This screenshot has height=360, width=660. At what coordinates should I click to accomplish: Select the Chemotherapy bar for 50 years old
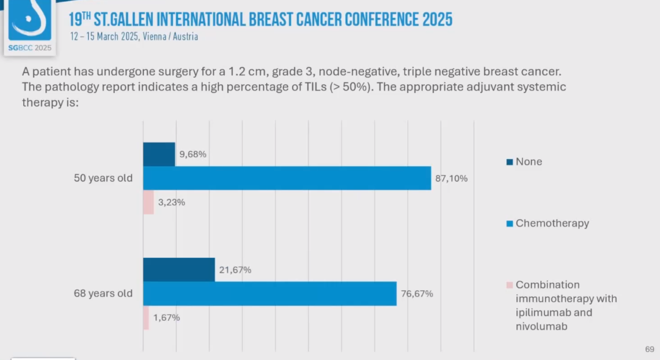click(x=287, y=178)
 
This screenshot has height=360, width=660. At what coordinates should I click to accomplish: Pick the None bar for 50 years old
click(x=159, y=154)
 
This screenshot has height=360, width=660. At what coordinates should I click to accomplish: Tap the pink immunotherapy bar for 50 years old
click(x=148, y=202)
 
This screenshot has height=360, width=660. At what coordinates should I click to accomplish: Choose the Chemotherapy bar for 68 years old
click(x=269, y=293)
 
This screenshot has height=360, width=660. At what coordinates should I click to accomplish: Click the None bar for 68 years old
click(x=179, y=270)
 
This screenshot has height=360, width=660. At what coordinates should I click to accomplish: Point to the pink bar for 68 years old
click(x=146, y=318)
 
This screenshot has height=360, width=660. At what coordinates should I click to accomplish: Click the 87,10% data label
click(x=452, y=178)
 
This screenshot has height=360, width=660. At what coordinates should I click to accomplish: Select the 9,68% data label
click(x=193, y=154)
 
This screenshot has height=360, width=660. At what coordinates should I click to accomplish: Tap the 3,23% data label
click(x=171, y=202)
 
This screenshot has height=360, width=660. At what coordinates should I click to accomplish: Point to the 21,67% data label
click(x=236, y=270)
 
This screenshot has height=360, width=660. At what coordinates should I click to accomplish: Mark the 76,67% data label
click(x=417, y=294)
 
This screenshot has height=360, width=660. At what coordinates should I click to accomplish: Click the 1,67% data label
click(x=166, y=318)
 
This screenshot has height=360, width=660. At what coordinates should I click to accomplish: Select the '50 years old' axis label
click(x=103, y=178)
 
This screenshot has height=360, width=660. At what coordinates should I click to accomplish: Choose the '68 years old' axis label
click(x=103, y=294)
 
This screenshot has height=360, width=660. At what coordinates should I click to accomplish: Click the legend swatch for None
click(x=510, y=162)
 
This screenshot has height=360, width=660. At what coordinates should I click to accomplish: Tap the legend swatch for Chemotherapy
click(x=510, y=224)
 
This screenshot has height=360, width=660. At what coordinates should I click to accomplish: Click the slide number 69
click(x=649, y=349)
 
